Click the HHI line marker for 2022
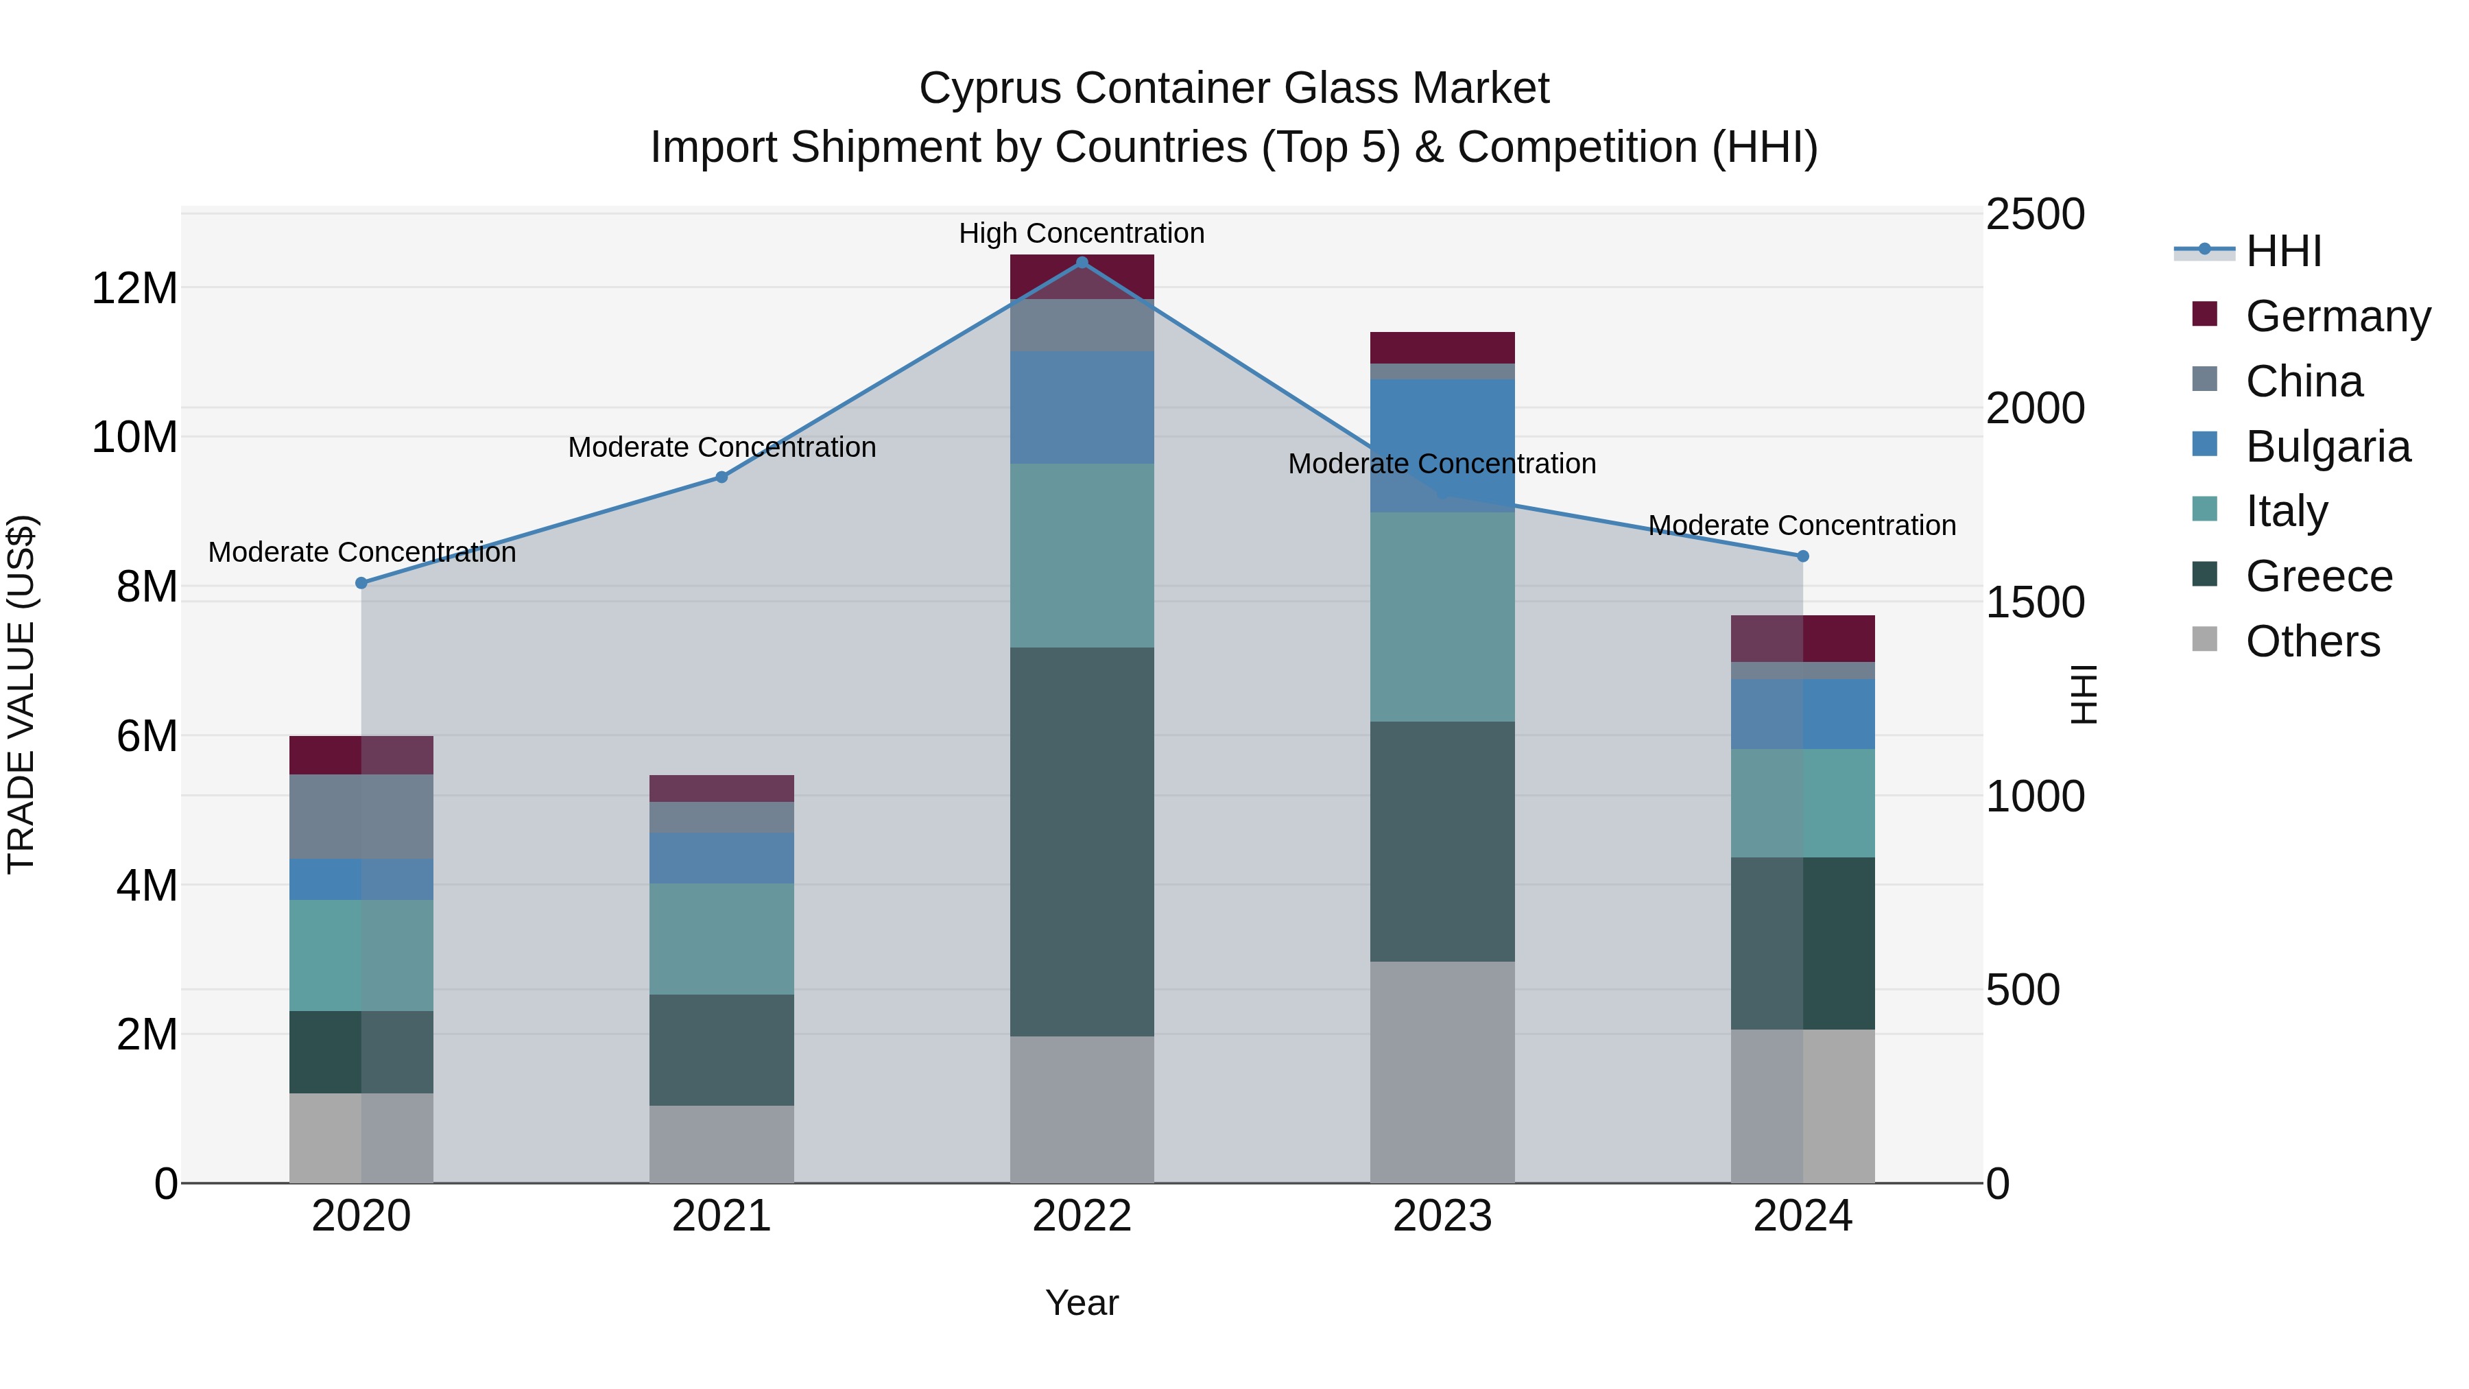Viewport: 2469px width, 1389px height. pyautogui.click(x=1082, y=262)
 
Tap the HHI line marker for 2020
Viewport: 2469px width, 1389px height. pyautogui.click(x=361, y=583)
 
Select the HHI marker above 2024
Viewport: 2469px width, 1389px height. pyautogui.click(x=1803, y=556)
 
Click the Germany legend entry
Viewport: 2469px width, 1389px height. pyautogui.click(x=2337, y=316)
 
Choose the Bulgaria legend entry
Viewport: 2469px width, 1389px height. pyautogui.click(x=2327, y=447)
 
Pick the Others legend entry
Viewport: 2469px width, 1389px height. pyautogui.click(x=2312, y=641)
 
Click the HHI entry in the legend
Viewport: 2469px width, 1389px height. pyautogui.click(x=2283, y=251)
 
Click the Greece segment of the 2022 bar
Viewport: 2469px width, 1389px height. pyautogui.click(x=1082, y=841)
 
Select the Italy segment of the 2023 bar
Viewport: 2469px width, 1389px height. pyautogui.click(x=1442, y=617)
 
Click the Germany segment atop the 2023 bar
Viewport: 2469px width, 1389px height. pyautogui.click(x=1442, y=347)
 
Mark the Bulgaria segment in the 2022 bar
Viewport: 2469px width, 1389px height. pyautogui.click(x=1082, y=407)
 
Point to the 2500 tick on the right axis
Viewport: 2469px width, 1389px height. pyautogui.click(x=2034, y=215)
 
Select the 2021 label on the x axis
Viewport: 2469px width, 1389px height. pyautogui.click(x=721, y=1216)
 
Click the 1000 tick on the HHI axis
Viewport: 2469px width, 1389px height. pyautogui.click(x=2034, y=796)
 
